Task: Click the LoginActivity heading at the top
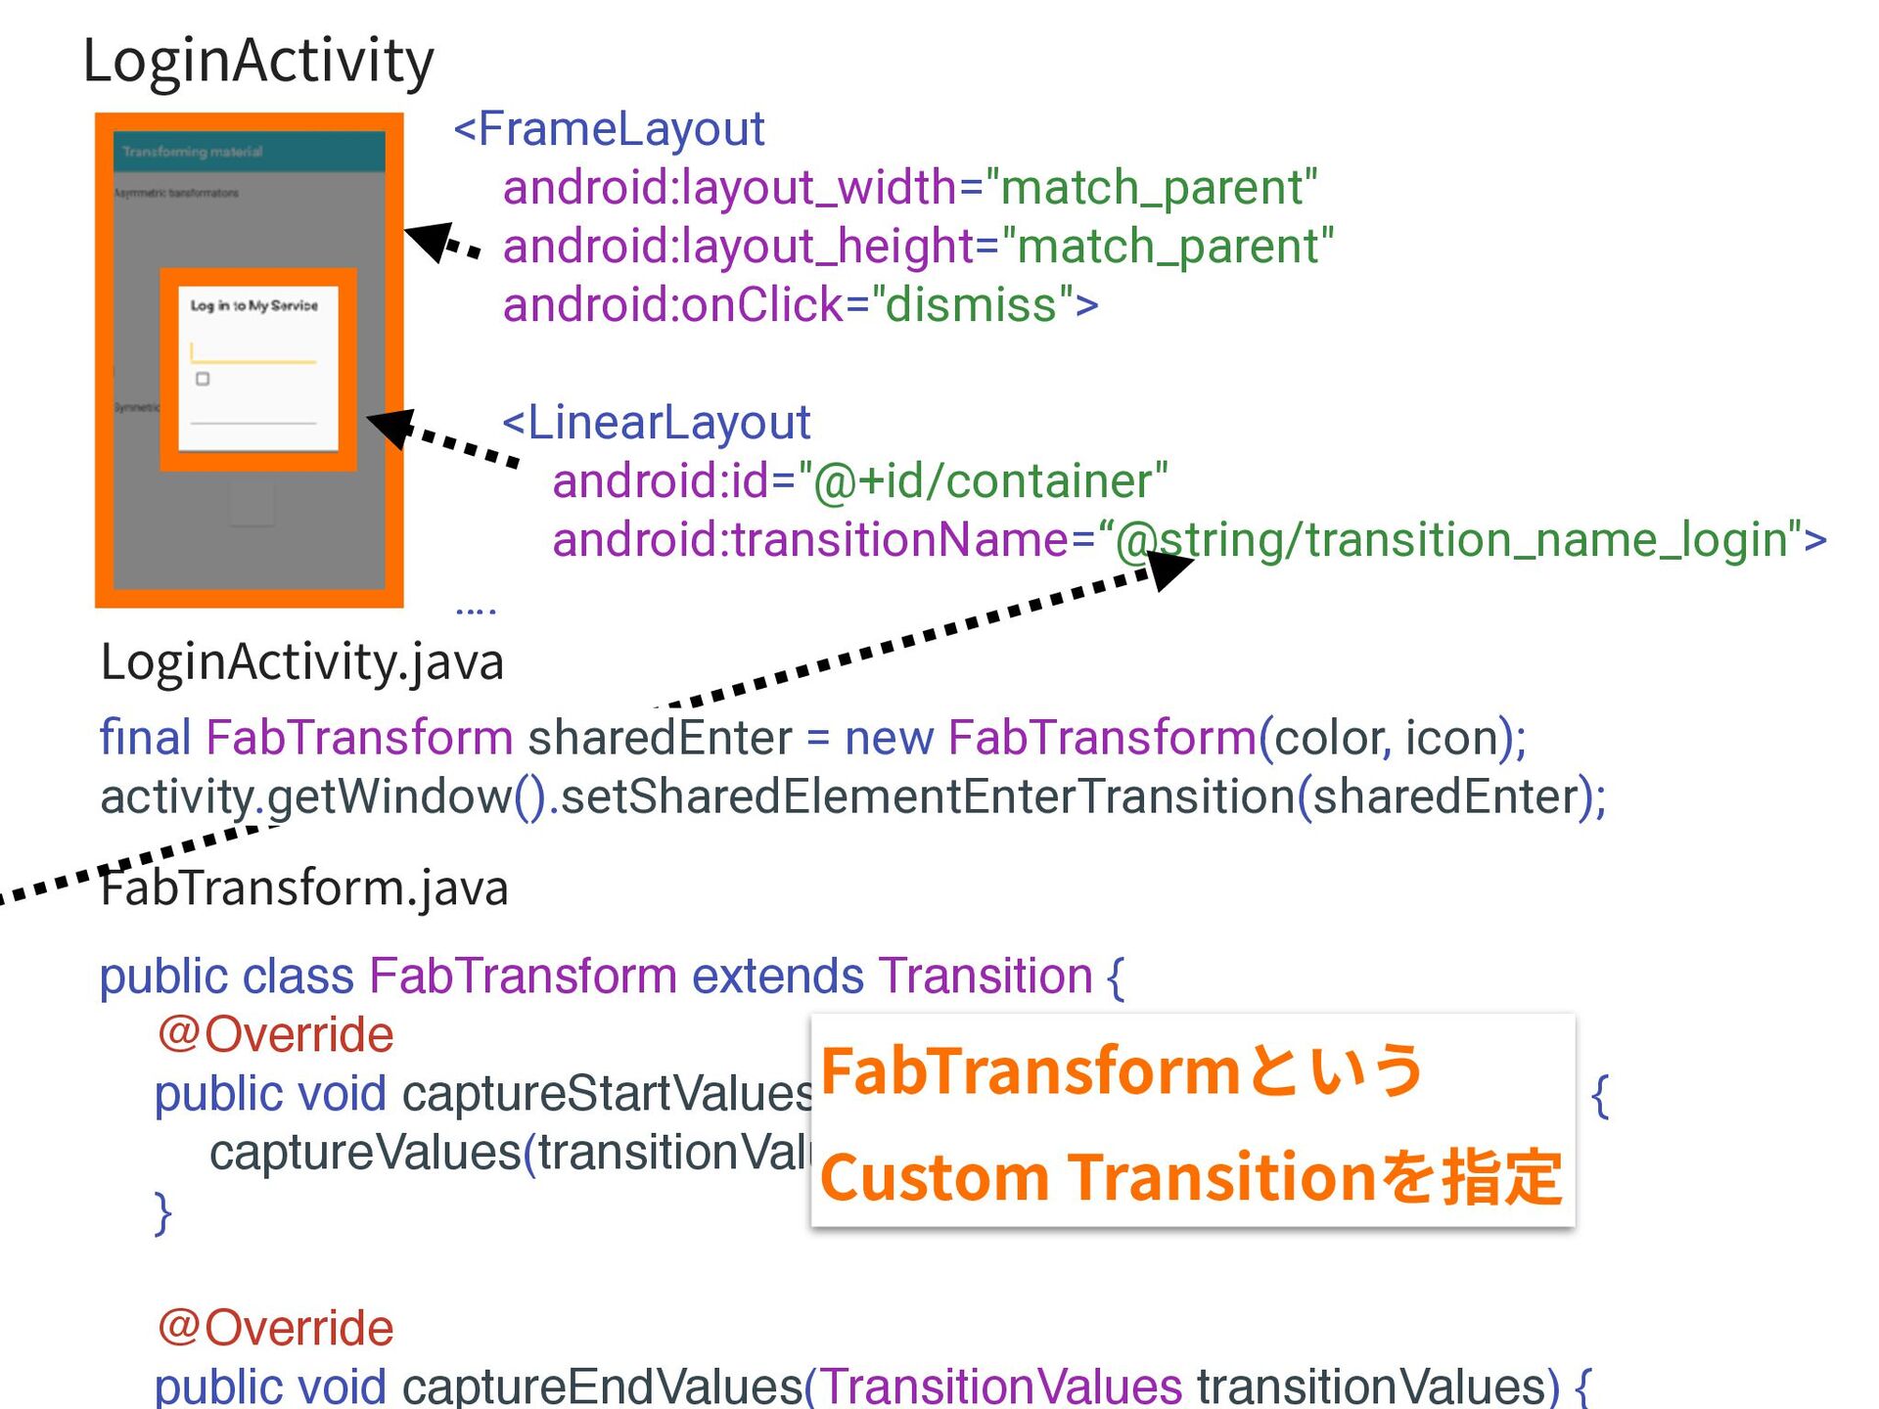click(258, 61)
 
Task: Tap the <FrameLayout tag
click(609, 129)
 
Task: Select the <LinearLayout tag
click(657, 423)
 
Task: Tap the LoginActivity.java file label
click(301, 662)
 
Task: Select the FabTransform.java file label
click(304, 888)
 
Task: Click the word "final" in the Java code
click(145, 738)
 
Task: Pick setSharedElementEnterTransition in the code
click(928, 796)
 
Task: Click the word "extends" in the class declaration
click(778, 977)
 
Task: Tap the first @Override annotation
click(275, 1035)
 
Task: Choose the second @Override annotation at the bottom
click(275, 1329)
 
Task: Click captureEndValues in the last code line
click(602, 1386)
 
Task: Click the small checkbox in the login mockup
click(203, 379)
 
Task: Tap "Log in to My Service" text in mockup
click(253, 306)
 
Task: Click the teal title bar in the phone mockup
click(249, 152)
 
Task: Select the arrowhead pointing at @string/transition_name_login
click(1169, 568)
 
